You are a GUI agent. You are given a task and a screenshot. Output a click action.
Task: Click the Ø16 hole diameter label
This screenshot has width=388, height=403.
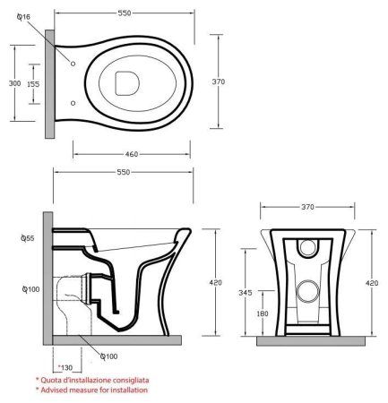(26, 16)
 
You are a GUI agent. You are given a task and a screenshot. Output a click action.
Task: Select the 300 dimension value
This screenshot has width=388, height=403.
(14, 82)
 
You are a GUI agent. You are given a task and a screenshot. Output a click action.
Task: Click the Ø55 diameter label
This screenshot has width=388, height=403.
(26, 240)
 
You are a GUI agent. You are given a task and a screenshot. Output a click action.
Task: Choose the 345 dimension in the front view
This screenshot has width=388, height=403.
(256, 293)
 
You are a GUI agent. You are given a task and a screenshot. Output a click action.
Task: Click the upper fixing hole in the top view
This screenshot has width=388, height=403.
(72, 64)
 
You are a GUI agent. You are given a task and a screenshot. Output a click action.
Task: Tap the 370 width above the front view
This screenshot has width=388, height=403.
(307, 207)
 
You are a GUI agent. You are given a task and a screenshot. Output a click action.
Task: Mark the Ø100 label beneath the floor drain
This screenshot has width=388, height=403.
(109, 356)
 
